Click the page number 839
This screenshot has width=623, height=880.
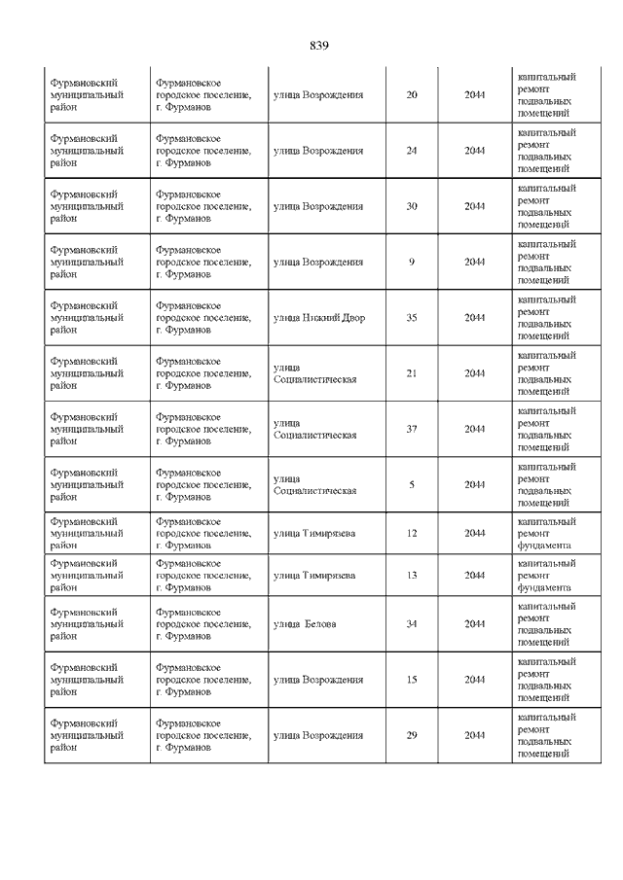tap(320, 46)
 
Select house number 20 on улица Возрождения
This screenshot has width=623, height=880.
tap(411, 95)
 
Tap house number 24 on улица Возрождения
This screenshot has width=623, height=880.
tap(411, 151)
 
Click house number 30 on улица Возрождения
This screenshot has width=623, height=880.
tap(411, 206)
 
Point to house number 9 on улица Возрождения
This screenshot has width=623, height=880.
tap(411, 262)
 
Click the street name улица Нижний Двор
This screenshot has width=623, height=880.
tap(319, 318)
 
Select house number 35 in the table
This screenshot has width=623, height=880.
tap(411, 318)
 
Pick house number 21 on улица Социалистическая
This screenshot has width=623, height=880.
tap(411, 373)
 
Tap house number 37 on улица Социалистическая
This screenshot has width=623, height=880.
tap(411, 429)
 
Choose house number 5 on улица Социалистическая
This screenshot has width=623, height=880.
tap(411, 484)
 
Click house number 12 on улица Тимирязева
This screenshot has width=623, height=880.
tap(411, 533)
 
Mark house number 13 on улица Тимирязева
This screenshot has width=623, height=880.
tap(411, 576)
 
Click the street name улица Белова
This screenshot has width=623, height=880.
tap(305, 624)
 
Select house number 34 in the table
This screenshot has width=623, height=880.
tap(411, 624)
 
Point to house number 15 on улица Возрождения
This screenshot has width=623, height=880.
tap(411, 680)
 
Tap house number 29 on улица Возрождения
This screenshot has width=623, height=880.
tap(411, 735)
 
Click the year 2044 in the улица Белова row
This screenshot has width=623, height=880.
tap(474, 624)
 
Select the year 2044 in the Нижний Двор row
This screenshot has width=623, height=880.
tap(474, 318)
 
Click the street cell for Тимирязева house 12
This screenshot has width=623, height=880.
tap(314, 533)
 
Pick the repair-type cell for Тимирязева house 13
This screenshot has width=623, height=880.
tap(544, 576)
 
